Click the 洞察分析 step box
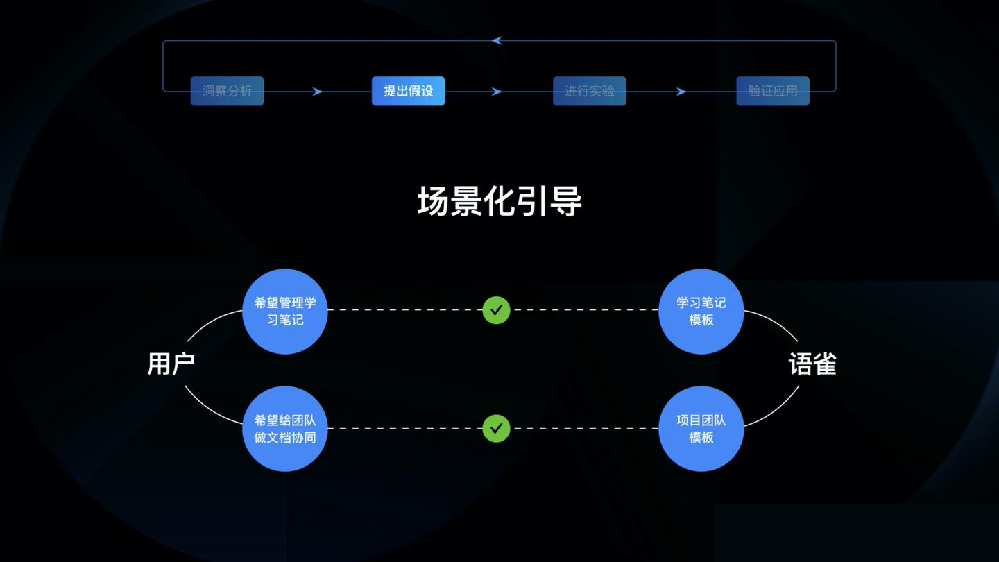click(x=227, y=91)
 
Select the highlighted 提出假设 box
click(x=408, y=91)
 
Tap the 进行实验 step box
click(x=589, y=91)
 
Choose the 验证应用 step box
click(x=772, y=91)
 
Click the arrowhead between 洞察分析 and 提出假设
click(x=317, y=92)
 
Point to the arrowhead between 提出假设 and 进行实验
click(x=497, y=92)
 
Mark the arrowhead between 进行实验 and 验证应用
click(x=681, y=92)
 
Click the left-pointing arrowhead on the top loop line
click(x=497, y=40)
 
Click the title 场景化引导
click(x=499, y=201)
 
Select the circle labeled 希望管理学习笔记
click(x=285, y=312)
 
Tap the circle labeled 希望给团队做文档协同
click(x=285, y=429)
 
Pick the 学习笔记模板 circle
click(x=701, y=312)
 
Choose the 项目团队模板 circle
click(x=701, y=429)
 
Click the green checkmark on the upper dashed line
click(x=497, y=310)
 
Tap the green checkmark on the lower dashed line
click(x=497, y=428)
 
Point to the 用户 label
click(x=171, y=364)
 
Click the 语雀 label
click(x=812, y=364)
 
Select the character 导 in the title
click(x=566, y=201)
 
